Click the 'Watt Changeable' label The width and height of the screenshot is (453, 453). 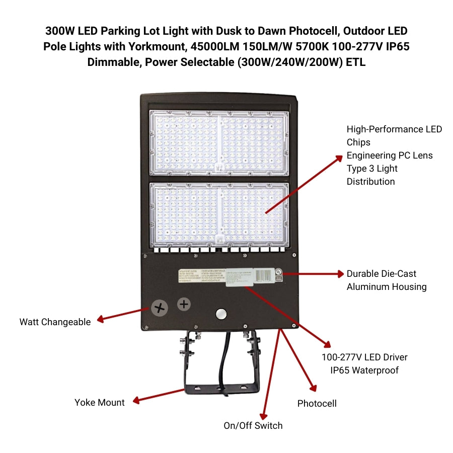(x=55, y=322)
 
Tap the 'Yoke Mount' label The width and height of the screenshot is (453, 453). (x=99, y=402)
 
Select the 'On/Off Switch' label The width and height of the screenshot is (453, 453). (x=253, y=425)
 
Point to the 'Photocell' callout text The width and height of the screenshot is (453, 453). (x=317, y=403)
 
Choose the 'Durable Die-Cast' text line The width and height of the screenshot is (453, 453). (x=382, y=274)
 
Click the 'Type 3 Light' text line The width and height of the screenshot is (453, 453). (x=372, y=169)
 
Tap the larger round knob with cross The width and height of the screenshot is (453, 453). (x=160, y=308)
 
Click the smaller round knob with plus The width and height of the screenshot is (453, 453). (x=184, y=304)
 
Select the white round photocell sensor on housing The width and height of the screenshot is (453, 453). (x=221, y=314)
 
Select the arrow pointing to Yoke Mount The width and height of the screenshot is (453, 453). (x=158, y=395)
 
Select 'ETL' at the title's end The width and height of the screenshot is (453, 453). (x=356, y=63)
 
